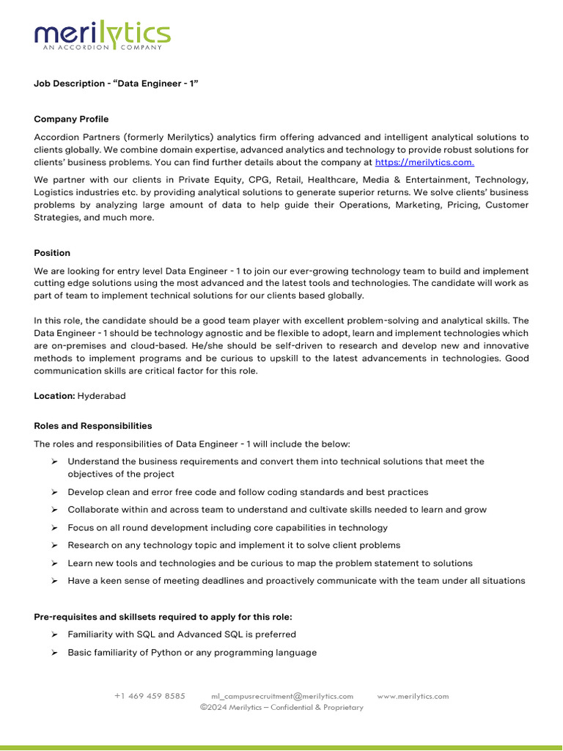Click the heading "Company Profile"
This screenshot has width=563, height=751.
(x=71, y=119)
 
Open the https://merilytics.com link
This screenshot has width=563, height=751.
(x=424, y=162)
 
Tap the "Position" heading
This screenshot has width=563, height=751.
(x=52, y=253)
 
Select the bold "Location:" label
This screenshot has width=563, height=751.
(x=54, y=396)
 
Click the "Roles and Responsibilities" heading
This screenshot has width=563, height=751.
(x=93, y=425)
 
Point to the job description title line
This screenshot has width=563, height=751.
(x=117, y=84)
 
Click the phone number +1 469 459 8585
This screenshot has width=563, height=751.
(x=150, y=696)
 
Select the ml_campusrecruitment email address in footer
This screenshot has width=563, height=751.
(x=282, y=696)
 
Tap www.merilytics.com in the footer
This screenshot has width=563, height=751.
(x=413, y=696)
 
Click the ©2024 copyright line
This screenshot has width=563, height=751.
(x=281, y=707)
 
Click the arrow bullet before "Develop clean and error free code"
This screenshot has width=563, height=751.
(x=54, y=492)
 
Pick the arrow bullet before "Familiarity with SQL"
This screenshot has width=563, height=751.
(x=54, y=634)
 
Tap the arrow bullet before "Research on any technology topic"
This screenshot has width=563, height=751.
(x=54, y=546)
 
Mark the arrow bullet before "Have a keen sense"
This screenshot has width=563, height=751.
(x=54, y=581)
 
